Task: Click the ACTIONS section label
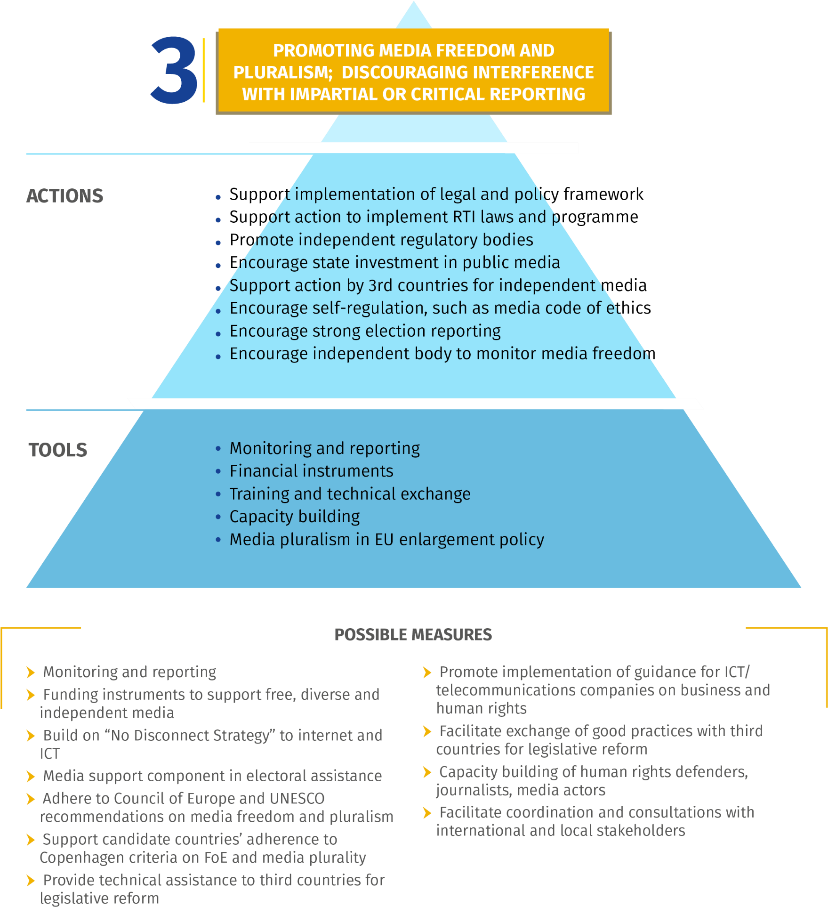point(64,196)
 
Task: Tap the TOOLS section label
point(58,450)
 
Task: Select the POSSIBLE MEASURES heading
point(413,635)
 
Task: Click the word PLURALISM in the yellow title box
point(283,73)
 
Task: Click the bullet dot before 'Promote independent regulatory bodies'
point(218,243)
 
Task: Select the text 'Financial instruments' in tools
point(311,471)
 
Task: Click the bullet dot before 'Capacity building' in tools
point(218,517)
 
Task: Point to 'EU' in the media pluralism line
point(384,540)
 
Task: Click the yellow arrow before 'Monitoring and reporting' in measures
point(31,672)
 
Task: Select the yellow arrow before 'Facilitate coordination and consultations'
point(427,813)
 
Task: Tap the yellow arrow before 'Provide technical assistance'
point(31,881)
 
